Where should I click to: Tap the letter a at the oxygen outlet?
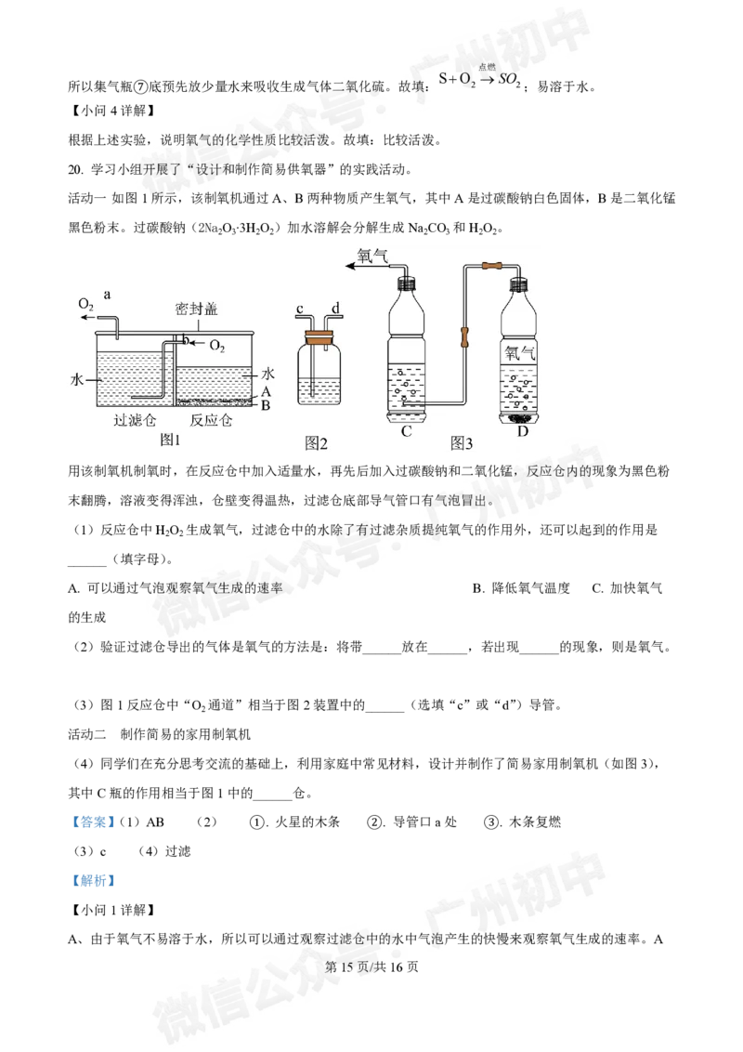[x=108, y=294]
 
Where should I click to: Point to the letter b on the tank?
[x=185, y=341]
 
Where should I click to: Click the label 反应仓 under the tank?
[x=210, y=421]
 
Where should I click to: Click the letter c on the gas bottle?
[x=300, y=309]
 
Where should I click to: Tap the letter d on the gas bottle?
[x=335, y=309]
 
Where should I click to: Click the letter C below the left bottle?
[x=406, y=431]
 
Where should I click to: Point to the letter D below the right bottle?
[x=522, y=431]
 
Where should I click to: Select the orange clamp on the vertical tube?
[x=464, y=331]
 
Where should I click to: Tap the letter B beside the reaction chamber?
[x=266, y=405]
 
